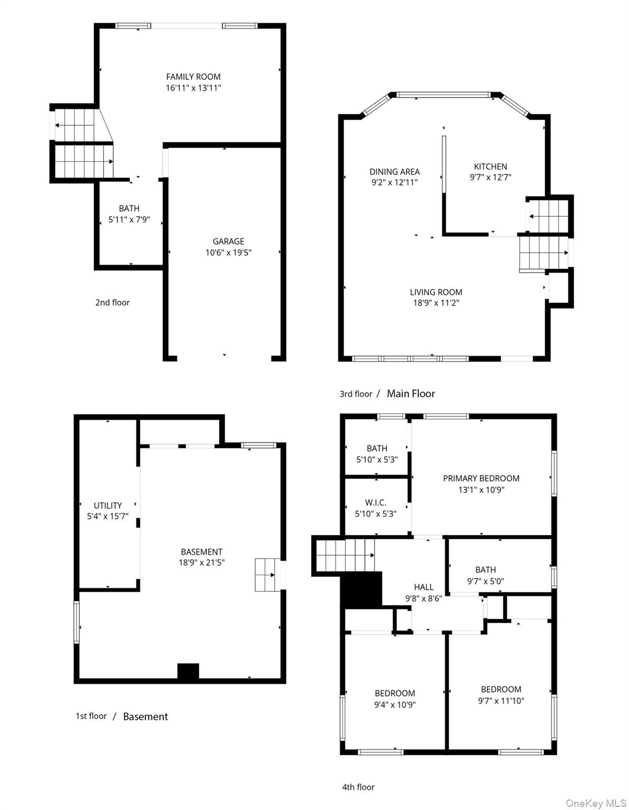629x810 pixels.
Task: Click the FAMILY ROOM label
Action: tap(193, 77)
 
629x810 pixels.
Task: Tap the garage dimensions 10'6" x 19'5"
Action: tap(228, 253)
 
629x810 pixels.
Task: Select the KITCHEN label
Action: tap(490, 167)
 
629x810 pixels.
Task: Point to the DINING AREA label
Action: tap(394, 172)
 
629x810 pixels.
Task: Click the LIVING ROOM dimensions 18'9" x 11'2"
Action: tap(436, 303)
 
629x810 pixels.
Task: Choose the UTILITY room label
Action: tap(108, 505)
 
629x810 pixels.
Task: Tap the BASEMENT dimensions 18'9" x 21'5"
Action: tap(201, 563)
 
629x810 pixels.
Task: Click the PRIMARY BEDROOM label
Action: tap(481, 478)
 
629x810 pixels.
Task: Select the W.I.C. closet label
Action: tap(375, 503)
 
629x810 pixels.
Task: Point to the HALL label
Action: tap(424, 587)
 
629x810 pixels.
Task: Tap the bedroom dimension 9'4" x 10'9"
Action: tap(395, 705)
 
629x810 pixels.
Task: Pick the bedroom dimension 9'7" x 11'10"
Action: tap(501, 701)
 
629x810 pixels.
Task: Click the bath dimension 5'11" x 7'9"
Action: tap(129, 219)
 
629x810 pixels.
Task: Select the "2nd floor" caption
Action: tap(112, 302)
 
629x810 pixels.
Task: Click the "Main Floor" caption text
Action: tap(411, 393)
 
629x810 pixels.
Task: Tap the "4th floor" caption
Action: tap(359, 787)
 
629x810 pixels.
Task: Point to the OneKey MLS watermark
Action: tap(596, 802)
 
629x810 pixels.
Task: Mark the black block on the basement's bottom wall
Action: tap(188, 671)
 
